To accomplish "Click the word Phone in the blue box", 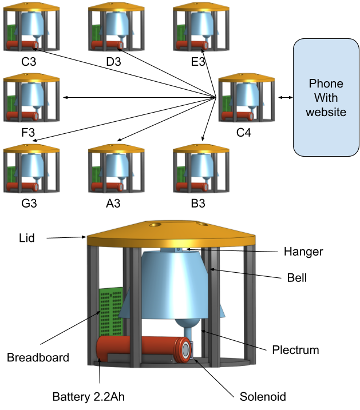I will pyautogui.click(x=326, y=84).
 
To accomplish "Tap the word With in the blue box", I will pyautogui.click(x=326, y=98).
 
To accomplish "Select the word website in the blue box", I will pyautogui.click(x=326, y=112).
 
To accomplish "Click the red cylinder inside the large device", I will pyautogui.click(x=137, y=349).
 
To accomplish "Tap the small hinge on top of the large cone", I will pyautogui.click(x=179, y=249).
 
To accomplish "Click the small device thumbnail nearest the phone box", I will pyautogui.click(x=247, y=99).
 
